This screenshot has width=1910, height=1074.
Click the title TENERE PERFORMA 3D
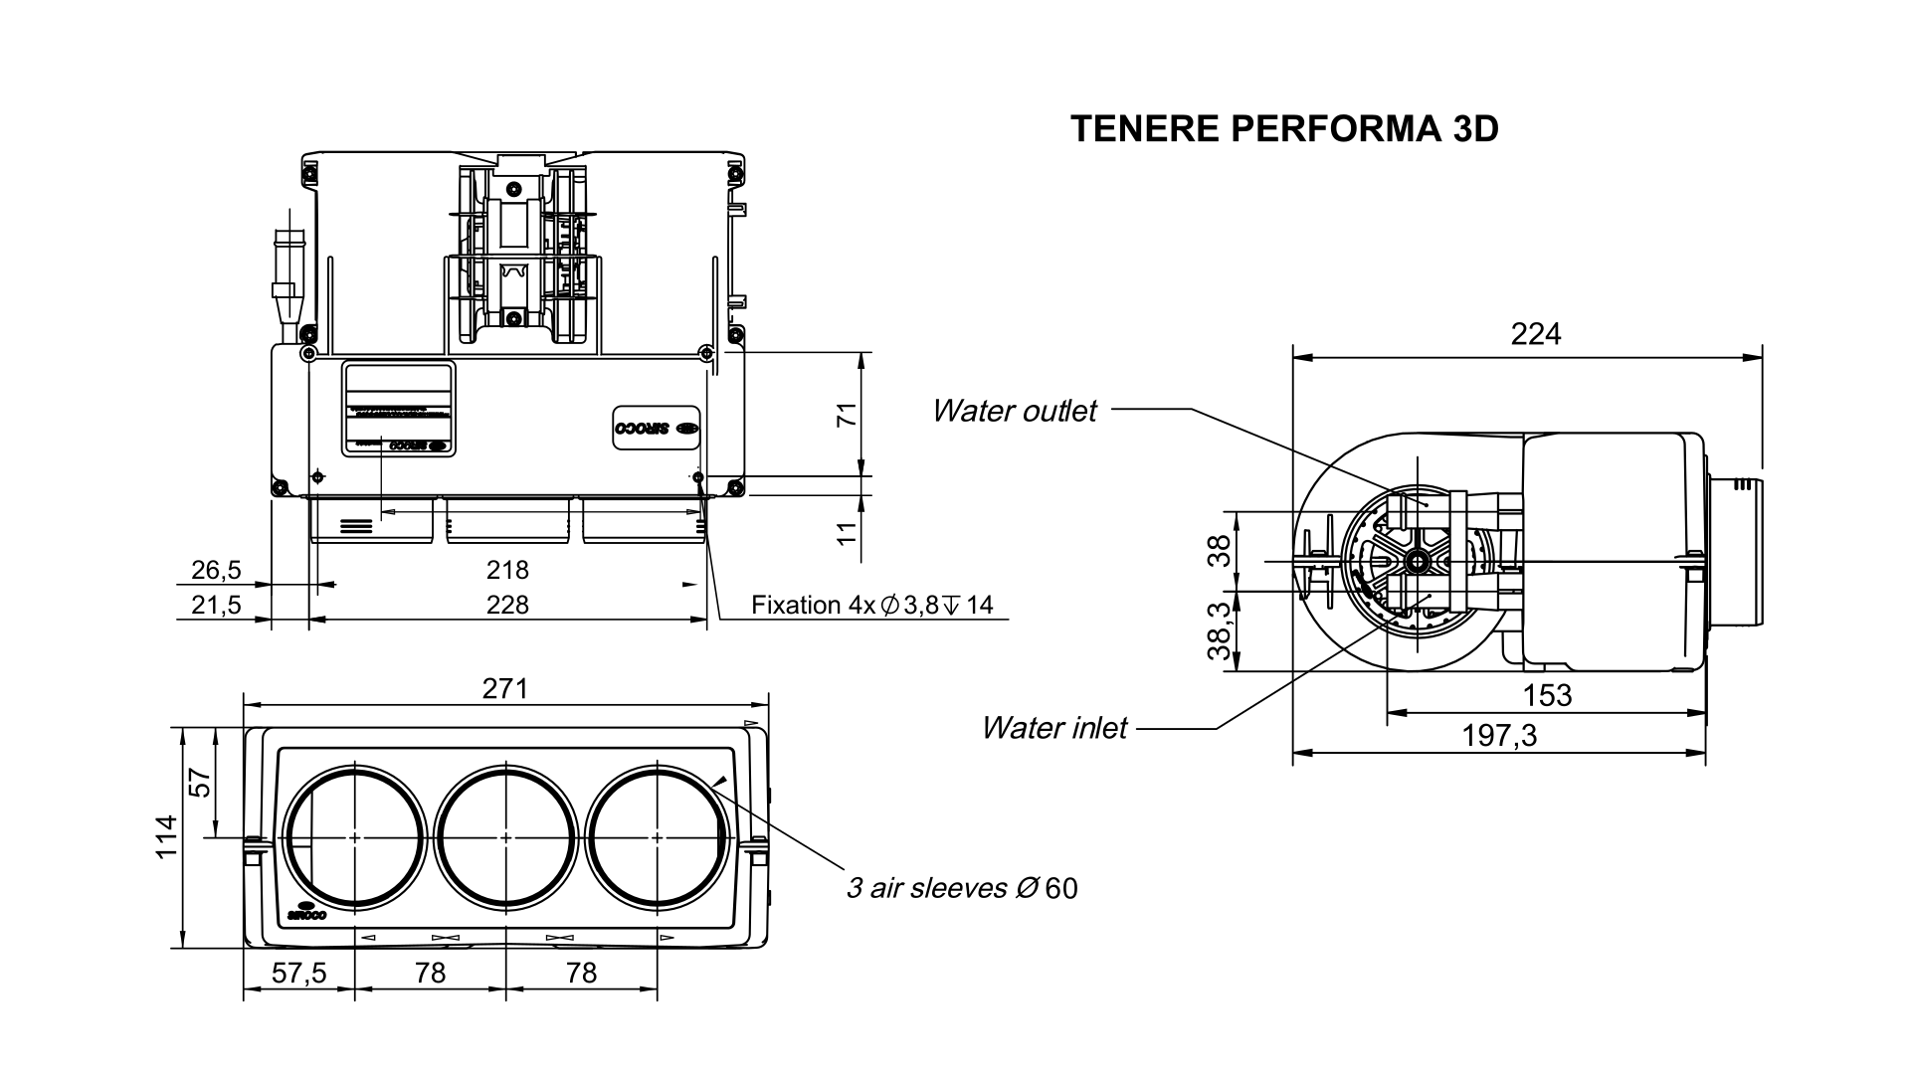[x=1283, y=129]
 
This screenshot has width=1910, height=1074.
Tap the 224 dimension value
[x=1536, y=334]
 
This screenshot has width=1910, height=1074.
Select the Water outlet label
[x=1014, y=411]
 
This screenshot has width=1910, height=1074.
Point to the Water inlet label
[x=1053, y=728]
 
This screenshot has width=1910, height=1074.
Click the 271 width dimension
[x=505, y=688]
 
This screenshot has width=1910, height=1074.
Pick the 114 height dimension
[x=166, y=836]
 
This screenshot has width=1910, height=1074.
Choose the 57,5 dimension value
[x=298, y=973]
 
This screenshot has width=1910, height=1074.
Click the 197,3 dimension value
[x=1499, y=736]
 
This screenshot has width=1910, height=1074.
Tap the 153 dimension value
[x=1547, y=695]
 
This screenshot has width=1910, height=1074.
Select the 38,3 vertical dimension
[x=1220, y=631]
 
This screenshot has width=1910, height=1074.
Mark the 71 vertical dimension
[x=846, y=415]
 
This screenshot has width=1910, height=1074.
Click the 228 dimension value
[x=507, y=605]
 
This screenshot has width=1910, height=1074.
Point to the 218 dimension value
[x=507, y=570]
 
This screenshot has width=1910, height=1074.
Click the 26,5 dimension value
[x=216, y=570]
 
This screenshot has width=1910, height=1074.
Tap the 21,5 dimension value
[x=216, y=605]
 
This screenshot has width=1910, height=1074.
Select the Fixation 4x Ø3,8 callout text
[x=871, y=605]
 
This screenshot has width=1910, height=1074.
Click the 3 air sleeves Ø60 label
[x=961, y=888]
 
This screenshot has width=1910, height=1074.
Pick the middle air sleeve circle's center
[x=505, y=838]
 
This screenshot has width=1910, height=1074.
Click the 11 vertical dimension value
[x=846, y=531]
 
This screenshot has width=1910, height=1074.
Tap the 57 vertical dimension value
[x=201, y=784]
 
